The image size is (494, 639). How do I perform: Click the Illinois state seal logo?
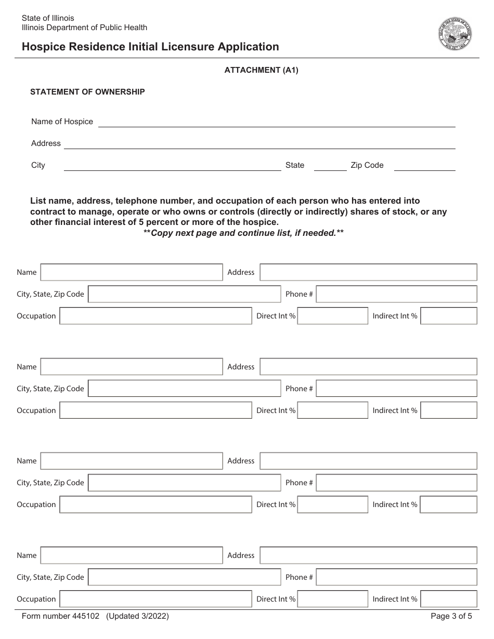455,34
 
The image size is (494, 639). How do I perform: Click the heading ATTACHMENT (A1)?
261,70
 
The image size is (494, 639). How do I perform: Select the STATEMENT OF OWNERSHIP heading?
87,92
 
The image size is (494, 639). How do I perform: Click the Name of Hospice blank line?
276,123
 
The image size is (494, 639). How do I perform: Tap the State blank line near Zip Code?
330,166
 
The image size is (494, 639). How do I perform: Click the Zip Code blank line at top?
424,166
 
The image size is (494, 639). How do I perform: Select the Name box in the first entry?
132,272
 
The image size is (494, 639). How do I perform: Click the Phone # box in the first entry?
396,294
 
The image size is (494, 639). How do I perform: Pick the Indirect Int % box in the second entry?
448,410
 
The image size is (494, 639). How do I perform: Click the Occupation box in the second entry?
155,410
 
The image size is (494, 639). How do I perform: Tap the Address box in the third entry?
368,461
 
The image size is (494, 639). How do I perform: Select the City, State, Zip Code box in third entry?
184,483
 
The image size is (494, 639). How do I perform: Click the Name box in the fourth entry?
132,555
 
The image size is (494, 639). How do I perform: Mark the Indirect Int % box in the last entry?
448,599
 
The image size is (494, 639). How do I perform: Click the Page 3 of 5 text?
451,617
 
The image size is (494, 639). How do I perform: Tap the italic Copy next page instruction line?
243,233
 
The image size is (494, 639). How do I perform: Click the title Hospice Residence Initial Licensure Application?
150,47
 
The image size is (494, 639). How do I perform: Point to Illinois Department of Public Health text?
84,28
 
